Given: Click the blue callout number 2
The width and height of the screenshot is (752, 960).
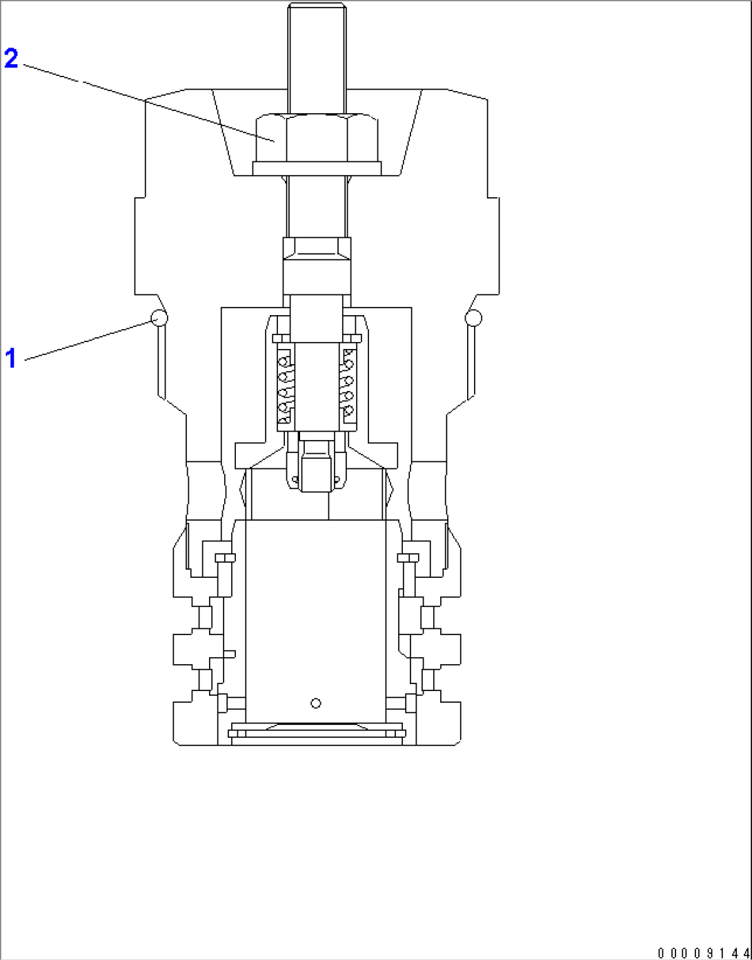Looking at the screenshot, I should tap(11, 59).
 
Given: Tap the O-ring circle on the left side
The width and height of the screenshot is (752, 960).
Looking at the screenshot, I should tap(159, 318).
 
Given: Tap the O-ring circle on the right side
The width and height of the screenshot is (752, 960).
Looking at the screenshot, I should tap(473, 318).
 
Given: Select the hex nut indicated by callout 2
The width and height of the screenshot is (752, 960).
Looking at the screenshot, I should tap(316, 138).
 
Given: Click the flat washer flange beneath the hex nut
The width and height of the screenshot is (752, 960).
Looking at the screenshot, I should tap(317, 168).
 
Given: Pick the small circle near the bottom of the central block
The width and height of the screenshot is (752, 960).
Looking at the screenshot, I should tap(316, 703).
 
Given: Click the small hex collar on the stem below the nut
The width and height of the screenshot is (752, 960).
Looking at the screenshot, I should tap(317, 248).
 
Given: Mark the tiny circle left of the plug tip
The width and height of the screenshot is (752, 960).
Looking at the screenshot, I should tap(295, 479).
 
